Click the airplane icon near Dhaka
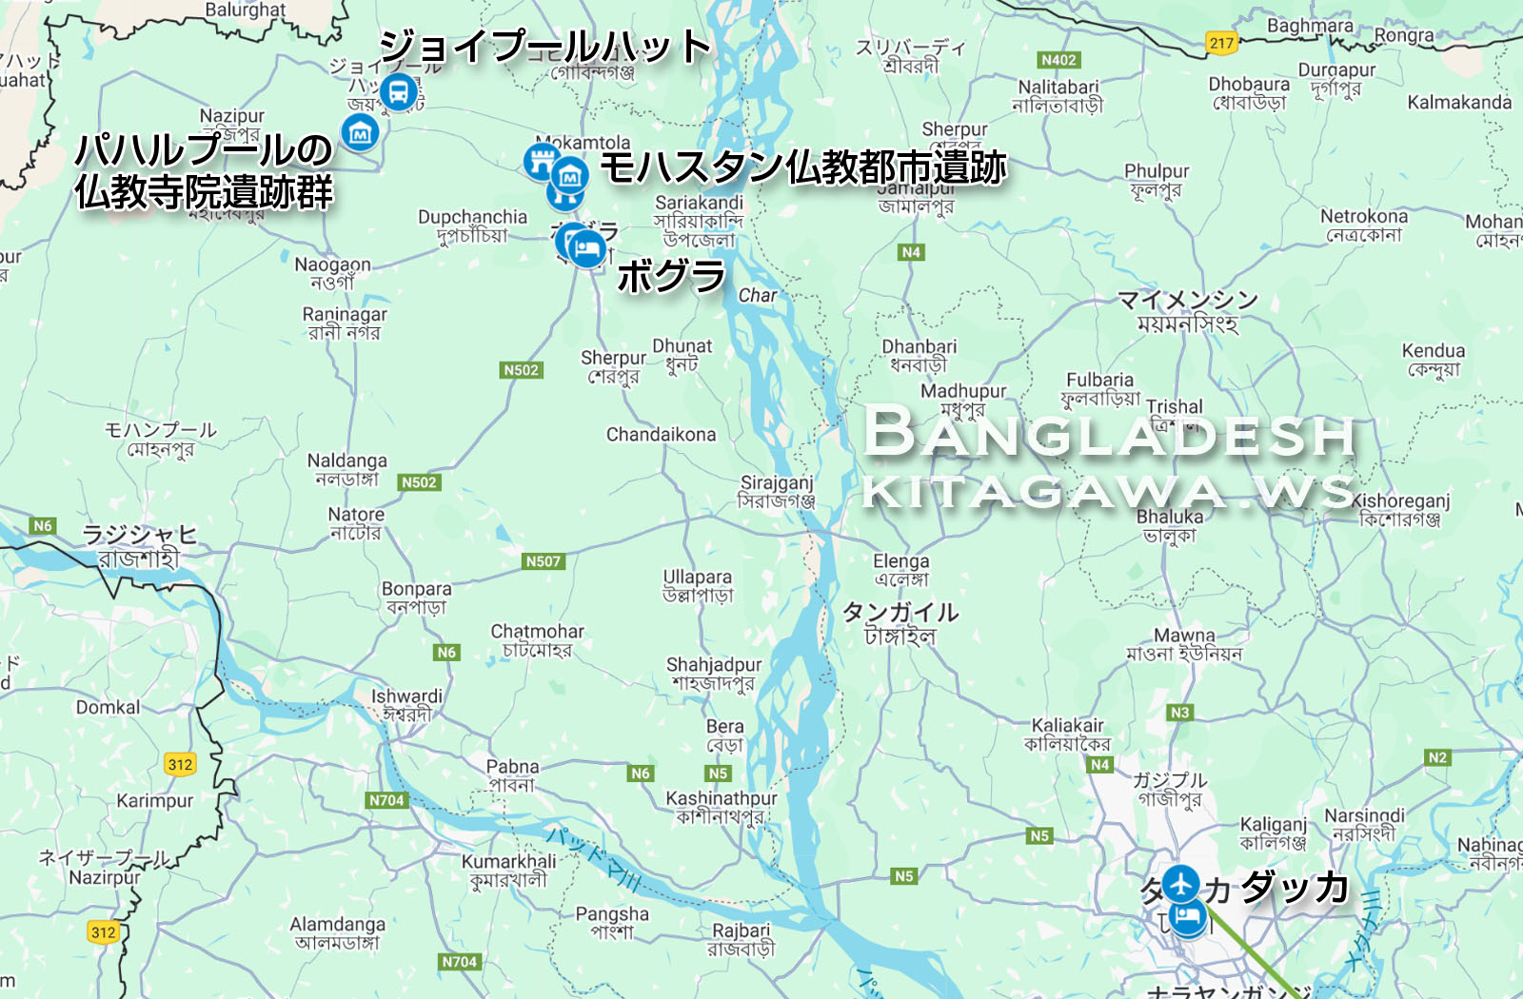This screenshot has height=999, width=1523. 1181,883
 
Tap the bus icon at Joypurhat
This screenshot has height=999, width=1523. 398,92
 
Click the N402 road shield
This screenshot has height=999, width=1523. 1058,60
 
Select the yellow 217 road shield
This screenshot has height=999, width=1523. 1221,43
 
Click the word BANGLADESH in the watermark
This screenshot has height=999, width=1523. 1109,434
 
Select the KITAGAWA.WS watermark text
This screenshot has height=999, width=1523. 1109,492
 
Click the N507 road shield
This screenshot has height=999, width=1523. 544,561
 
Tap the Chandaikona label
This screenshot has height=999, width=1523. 661,435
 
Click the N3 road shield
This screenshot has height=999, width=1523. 1179,712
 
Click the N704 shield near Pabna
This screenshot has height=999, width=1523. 386,800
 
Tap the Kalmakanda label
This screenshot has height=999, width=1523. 1458,103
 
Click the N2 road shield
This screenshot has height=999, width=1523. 1437,757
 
